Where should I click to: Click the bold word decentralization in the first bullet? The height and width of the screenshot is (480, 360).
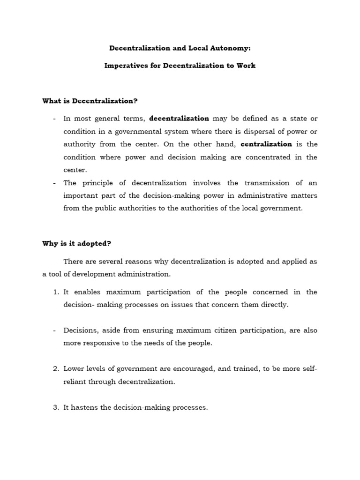click(x=179, y=119)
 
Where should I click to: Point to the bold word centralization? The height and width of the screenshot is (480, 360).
click(x=266, y=144)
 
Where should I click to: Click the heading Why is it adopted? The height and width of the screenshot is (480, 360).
click(x=76, y=244)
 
